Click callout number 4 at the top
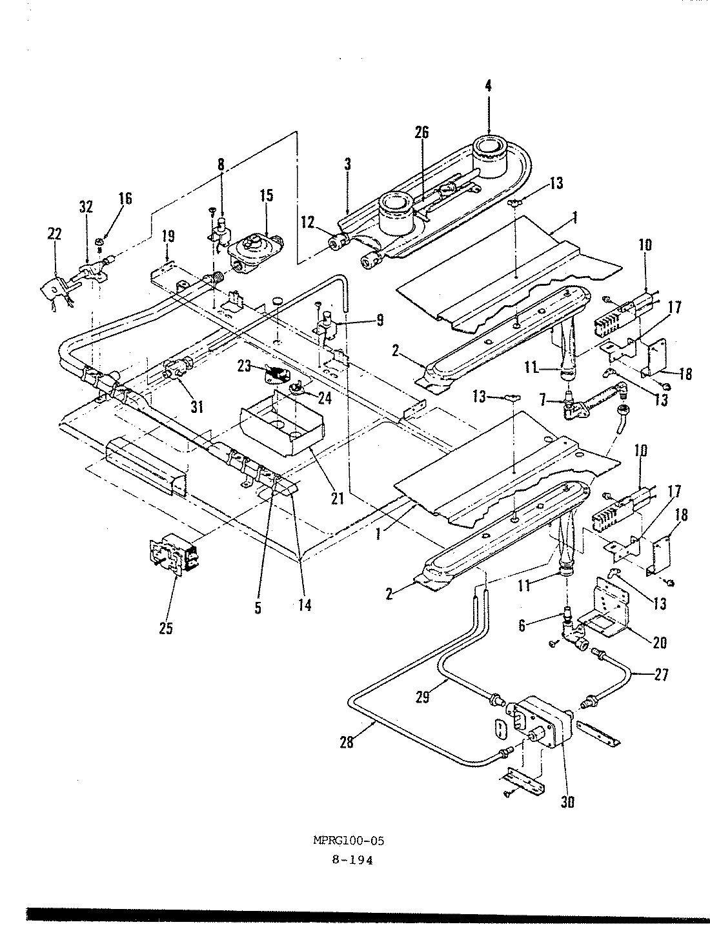488,85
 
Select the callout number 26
421,133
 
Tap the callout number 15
267,194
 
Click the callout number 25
166,627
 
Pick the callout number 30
568,802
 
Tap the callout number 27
661,675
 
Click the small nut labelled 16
100,242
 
